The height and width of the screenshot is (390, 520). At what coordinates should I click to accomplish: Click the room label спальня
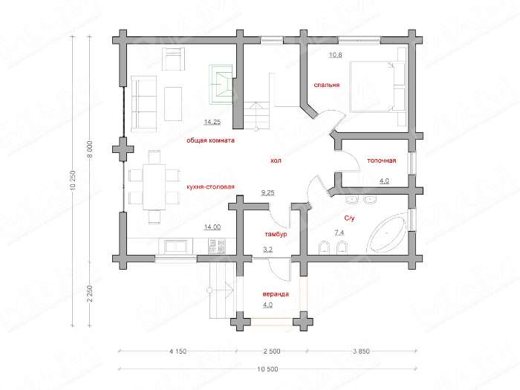pyautogui.click(x=327, y=85)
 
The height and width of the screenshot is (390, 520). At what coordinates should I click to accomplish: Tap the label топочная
pyautogui.click(x=381, y=160)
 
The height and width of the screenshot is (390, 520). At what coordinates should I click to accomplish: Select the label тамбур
pyautogui.click(x=276, y=235)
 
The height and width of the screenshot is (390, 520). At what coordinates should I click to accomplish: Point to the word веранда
pyautogui.click(x=276, y=294)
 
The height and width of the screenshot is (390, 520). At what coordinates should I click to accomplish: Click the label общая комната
pyautogui.click(x=210, y=140)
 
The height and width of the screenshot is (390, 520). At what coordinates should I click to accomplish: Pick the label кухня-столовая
pyautogui.click(x=210, y=186)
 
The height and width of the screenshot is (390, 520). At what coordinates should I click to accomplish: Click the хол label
pyautogui.click(x=276, y=161)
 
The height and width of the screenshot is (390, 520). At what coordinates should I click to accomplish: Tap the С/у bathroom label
pyautogui.click(x=350, y=218)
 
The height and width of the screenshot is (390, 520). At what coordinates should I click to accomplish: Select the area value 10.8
pyautogui.click(x=335, y=55)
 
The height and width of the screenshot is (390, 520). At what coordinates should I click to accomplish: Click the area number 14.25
pyautogui.click(x=212, y=122)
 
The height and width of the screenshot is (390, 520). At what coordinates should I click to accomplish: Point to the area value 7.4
pyautogui.click(x=339, y=233)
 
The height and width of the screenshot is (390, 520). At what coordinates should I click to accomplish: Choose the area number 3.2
pyautogui.click(x=267, y=250)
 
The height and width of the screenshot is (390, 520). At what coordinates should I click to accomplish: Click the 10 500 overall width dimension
pyautogui.click(x=267, y=368)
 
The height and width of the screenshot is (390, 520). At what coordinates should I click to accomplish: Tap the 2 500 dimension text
pyautogui.click(x=272, y=351)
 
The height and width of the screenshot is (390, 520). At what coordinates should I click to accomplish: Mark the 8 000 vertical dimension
pyautogui.click(x=90, y=150)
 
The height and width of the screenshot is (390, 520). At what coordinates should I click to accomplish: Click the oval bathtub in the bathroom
pyautogui.click(x=388, y=233)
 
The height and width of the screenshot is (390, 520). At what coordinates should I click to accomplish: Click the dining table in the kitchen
pyautogui.click(x=155, y=186)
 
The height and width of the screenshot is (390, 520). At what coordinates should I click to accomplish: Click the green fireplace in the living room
pyautogui.click(x=221, y=84)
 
